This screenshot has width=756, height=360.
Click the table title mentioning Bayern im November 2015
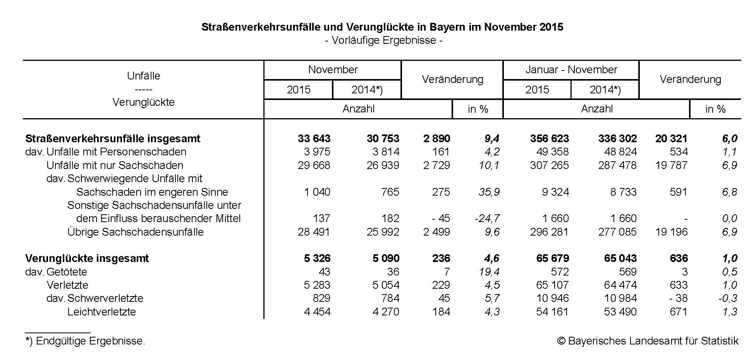click(382, 27)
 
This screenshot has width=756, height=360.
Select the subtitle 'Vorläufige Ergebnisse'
click(383, 40)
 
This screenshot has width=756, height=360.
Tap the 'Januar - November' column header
click(571, 70)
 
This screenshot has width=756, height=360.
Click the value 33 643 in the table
click(314, 139)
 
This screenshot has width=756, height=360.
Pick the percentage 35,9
click(489, 192)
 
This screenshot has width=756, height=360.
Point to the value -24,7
click(487, 219)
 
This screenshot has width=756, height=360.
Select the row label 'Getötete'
click(67, 272)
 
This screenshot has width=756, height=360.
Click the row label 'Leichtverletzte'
click(101, 312)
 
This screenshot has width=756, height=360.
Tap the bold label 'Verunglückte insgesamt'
click(87, 258)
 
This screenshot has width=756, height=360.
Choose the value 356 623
click(549, 139)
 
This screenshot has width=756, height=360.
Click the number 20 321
click(671, 139)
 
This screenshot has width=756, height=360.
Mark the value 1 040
click(317, 192)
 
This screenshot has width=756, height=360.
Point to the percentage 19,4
click(489, 272)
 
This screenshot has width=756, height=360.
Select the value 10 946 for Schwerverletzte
click(552, 298)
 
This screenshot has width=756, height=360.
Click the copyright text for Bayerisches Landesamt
click(648, 341)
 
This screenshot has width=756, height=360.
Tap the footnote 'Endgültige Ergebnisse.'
click(90, 341)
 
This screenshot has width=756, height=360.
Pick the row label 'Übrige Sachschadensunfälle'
click(135, 232)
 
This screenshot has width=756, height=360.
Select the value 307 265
click(549, 165)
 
